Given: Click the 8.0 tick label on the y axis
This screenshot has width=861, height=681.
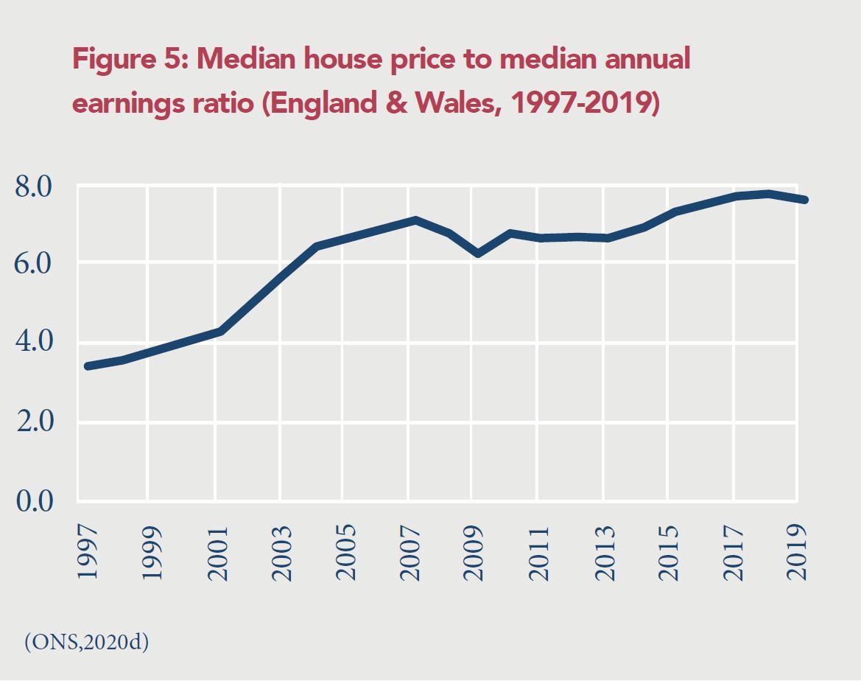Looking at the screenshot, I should [x=34, y=187].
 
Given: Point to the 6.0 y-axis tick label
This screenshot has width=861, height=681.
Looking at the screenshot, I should [x=34, y=263].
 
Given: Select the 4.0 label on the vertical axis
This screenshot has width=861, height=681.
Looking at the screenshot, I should [x=34, y=342].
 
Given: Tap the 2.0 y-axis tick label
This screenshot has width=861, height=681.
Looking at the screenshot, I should [x=34, y=422].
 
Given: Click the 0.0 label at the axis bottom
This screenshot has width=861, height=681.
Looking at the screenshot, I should [x=34, y=501].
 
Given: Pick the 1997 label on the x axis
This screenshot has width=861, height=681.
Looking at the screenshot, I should [x=88, y=552].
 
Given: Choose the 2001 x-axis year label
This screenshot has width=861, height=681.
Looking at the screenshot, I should [x=218, y=552].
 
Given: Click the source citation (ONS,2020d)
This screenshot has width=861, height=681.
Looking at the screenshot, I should [x=87, y=642].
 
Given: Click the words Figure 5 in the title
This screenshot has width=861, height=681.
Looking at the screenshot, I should [x=130, y=59].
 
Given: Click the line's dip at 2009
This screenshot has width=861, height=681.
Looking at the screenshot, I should [x=479, y=253].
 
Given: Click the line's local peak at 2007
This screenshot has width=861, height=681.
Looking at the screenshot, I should [x=415, y=220].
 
